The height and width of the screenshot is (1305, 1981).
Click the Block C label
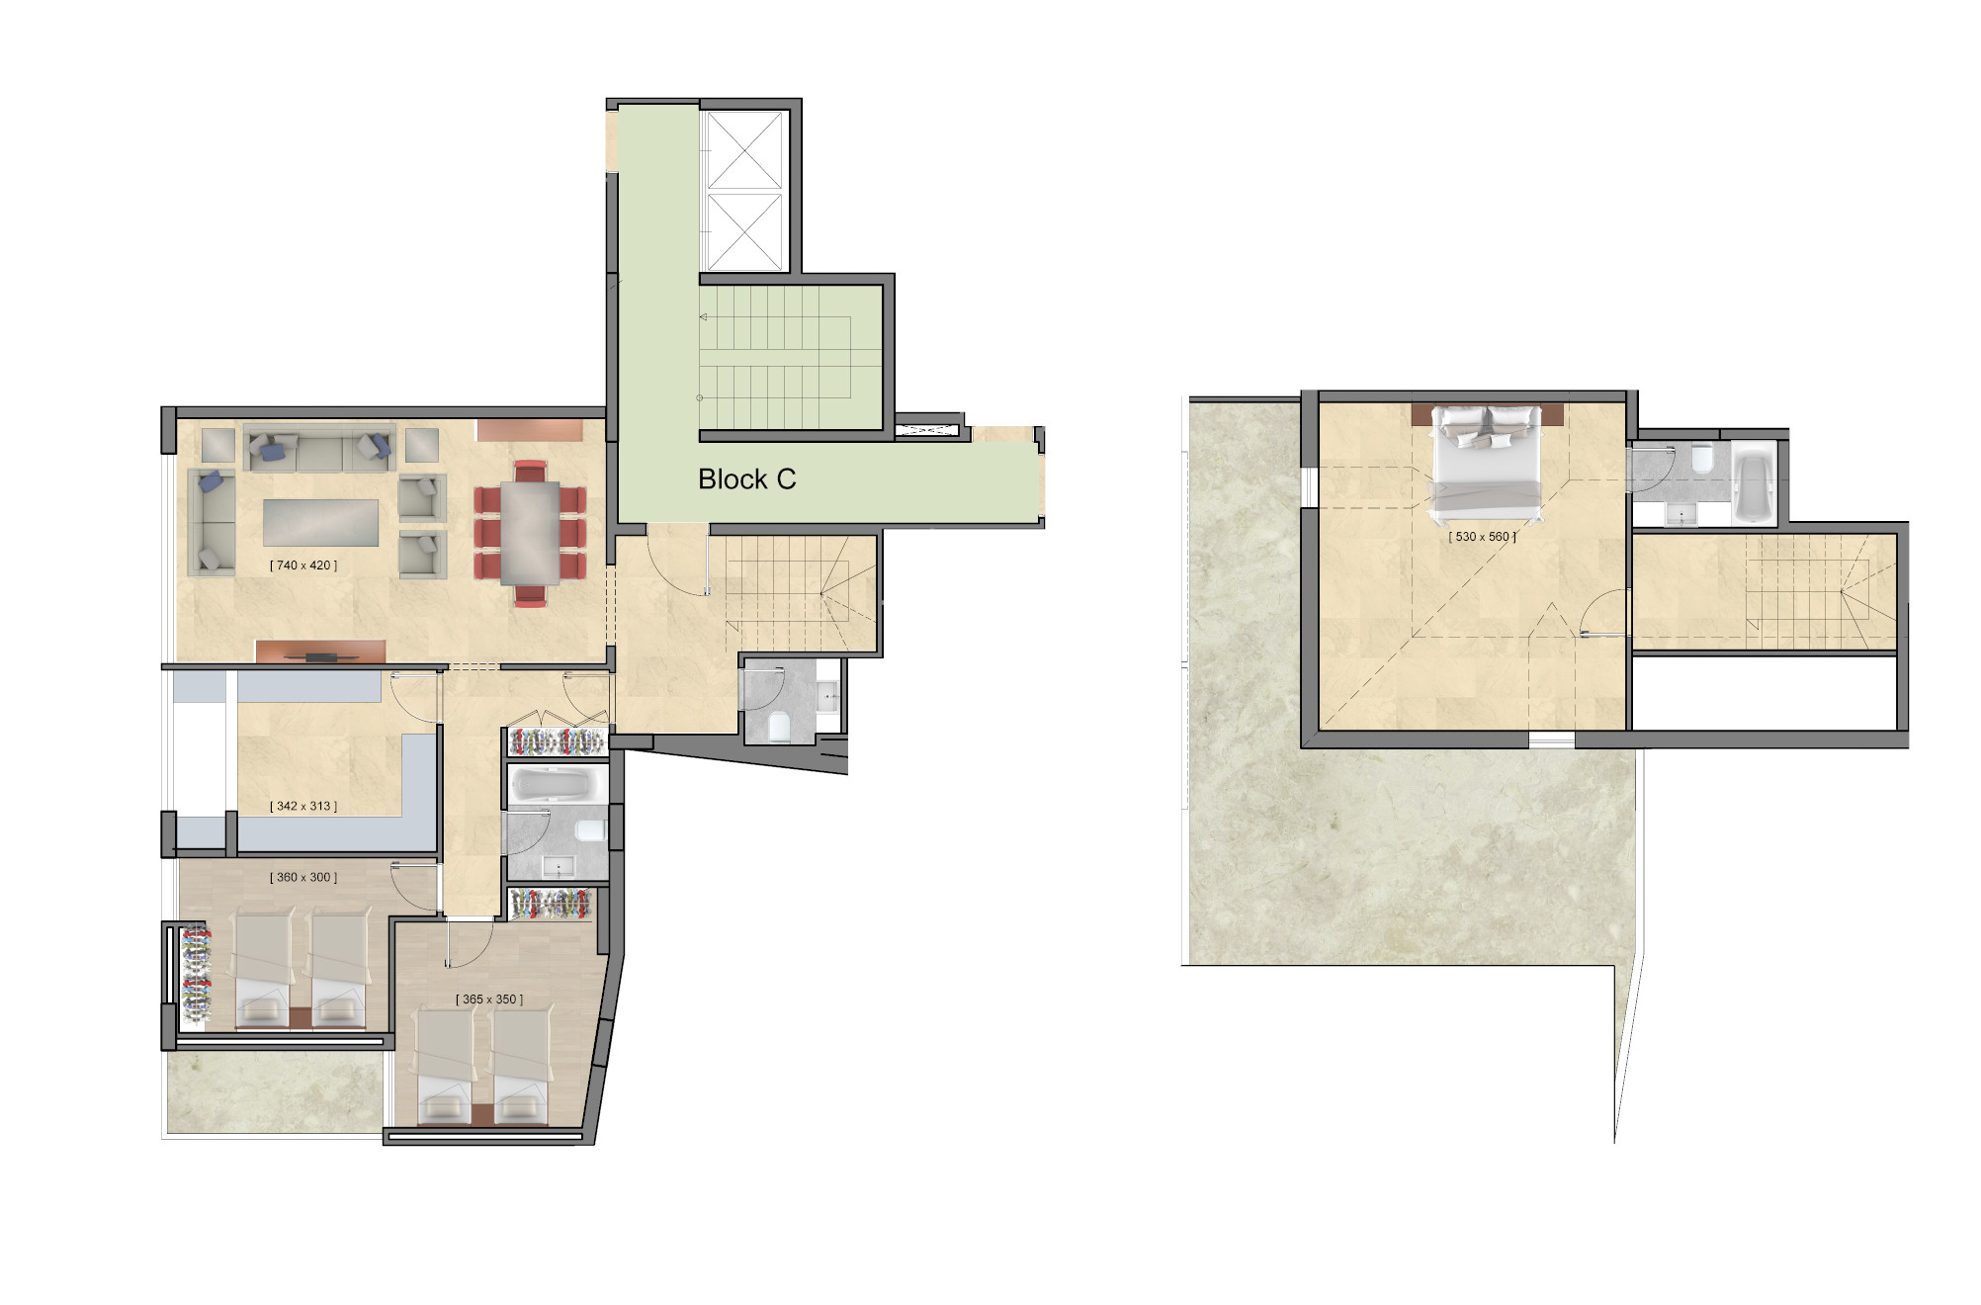(746, 479)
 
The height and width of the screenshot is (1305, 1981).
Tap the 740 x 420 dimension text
(303, 565)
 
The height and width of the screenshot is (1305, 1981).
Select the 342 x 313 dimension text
(303, 806)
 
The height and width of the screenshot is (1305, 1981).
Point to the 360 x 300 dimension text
(303, 877)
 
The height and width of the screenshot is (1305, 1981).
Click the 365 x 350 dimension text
(489, 1000)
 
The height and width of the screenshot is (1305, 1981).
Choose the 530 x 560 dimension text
(1483, 537)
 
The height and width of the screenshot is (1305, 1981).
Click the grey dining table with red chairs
(530, 534)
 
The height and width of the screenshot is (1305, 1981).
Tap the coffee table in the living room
(321, 522)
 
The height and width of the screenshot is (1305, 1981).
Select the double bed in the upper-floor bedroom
(1487, 463)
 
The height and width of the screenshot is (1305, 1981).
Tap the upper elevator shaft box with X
(745, 150)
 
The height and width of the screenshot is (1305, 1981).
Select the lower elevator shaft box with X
(745, 231)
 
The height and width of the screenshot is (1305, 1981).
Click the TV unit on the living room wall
(319, 652)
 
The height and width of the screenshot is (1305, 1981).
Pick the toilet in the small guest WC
(779, 727)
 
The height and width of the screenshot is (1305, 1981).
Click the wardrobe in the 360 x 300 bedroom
(196, 974)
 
